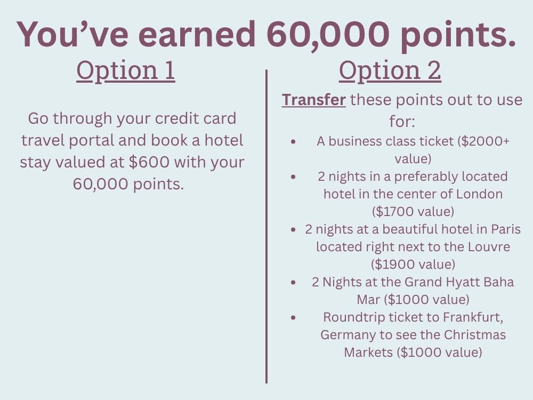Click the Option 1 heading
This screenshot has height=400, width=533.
point(125,71)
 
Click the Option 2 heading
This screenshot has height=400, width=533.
point(390,71)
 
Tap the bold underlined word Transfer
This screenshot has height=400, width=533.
point(314,100)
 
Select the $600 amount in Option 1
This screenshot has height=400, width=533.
point(149,162)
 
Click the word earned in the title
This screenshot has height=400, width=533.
point(197,34)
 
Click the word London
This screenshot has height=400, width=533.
point(479,194)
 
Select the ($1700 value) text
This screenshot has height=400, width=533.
point(413,212)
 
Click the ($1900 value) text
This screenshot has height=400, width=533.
point(413,265)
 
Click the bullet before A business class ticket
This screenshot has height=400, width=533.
point(293,141)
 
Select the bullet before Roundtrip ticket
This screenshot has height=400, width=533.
point(293,318)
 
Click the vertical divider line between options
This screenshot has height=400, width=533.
point(266,227)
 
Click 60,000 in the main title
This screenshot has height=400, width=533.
point(328,35)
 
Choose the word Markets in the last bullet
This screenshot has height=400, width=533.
point(368,353)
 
